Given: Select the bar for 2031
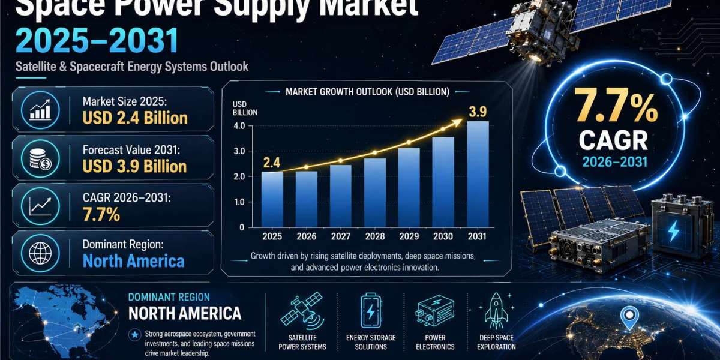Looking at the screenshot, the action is pos(478,174).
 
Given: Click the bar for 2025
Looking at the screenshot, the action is pos(272,200).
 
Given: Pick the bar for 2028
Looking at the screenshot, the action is pos(375,193).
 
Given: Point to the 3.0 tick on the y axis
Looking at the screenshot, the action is pos(239,151).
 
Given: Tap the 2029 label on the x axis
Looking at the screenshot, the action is pos(409,236).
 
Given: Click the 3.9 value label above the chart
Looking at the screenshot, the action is pos(478,112).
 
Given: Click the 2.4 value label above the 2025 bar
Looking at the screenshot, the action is pos(272,163).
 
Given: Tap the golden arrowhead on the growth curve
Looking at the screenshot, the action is pos(457,122).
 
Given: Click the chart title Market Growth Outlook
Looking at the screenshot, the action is pos(367,92).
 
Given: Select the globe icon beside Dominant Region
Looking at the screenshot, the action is pos(40,253).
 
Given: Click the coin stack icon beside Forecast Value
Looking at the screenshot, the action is pos(40,159).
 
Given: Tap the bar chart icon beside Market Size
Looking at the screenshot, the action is pos(40,110).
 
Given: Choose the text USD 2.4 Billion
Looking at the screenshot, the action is pos(135,118).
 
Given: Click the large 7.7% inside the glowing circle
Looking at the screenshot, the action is pos(616,105).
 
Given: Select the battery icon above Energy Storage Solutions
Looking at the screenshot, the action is pos(371,311).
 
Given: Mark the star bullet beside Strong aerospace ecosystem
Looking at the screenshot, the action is pos(134,335).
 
